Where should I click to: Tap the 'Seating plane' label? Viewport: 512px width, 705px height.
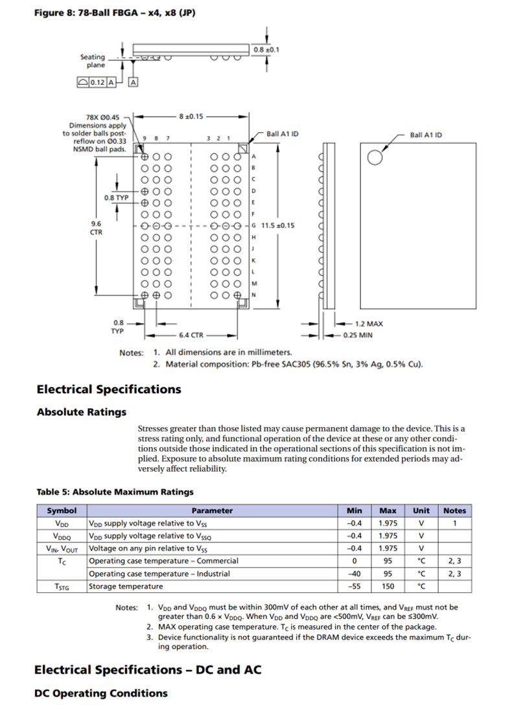[92, 61]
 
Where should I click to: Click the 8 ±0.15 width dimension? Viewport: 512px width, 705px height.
[191, 117]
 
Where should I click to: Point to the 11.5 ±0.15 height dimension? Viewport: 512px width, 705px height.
[277, 225]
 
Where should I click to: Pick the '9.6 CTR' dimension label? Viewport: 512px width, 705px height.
[96, 227]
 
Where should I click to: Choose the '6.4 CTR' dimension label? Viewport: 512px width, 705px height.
[191, 335]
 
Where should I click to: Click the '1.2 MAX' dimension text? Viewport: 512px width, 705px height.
[369, 323]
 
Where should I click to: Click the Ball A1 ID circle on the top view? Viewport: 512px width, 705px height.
[375, 157]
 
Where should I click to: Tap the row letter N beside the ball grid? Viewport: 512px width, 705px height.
[253, 295]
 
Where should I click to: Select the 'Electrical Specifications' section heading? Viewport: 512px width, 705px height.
[109, 389]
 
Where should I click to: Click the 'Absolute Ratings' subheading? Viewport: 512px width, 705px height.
[82, 412]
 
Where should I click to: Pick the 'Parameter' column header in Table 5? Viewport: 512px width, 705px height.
[212, 511]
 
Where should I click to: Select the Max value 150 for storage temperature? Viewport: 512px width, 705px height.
[388, 586]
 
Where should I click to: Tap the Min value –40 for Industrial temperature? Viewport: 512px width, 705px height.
[355, 573]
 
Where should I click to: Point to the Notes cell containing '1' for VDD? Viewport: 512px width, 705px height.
[454, 523]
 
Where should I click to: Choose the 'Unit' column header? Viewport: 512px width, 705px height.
[421, 511]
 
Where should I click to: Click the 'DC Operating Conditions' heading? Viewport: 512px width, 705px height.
[100, 693]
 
